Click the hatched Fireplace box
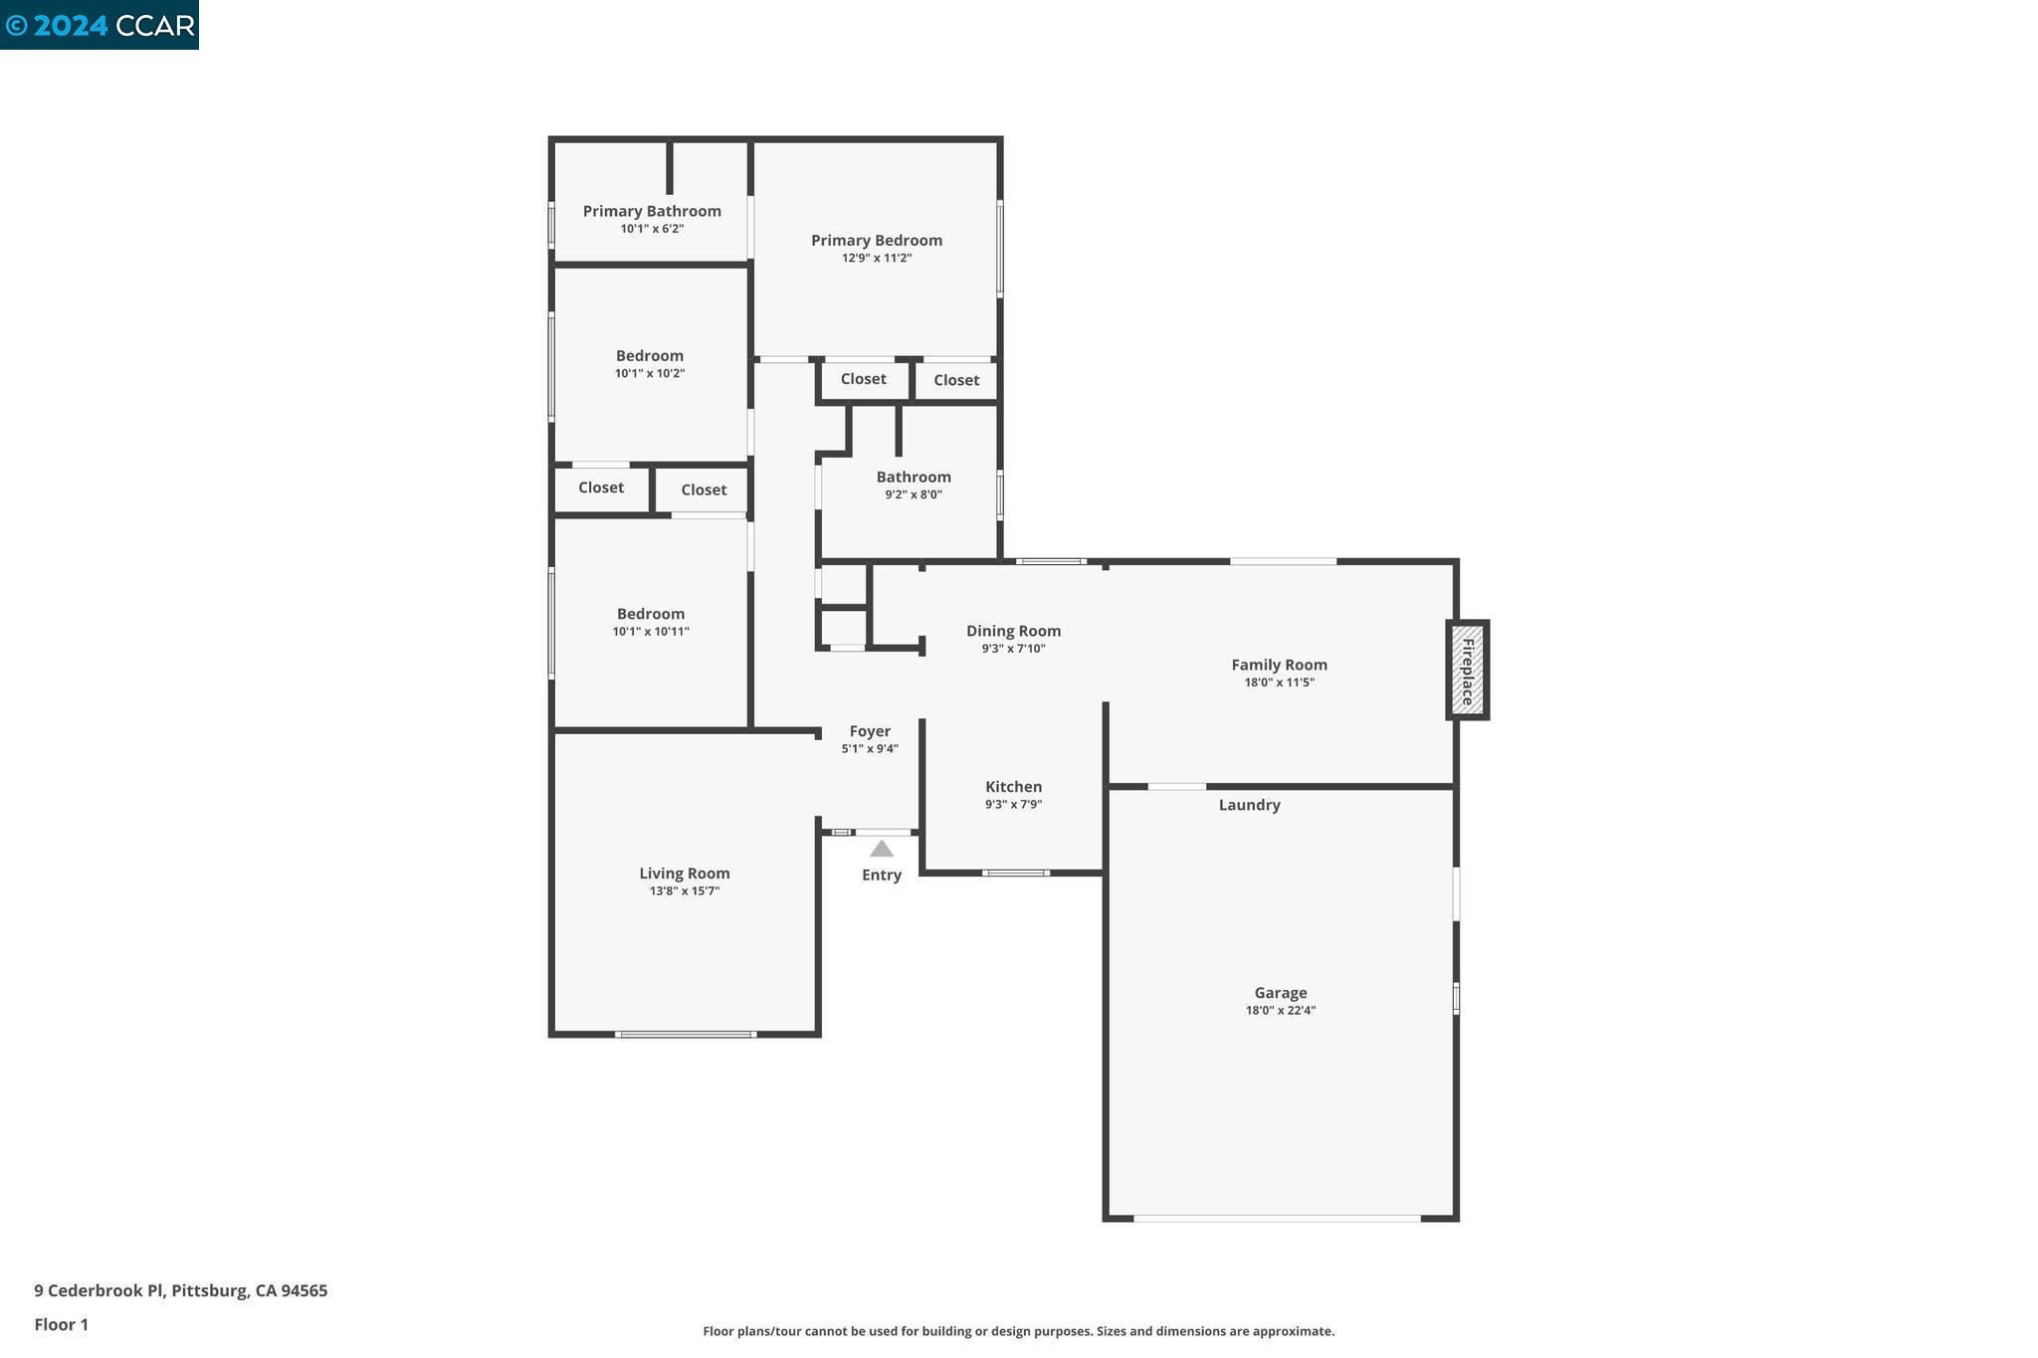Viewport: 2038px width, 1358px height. point(1467,670)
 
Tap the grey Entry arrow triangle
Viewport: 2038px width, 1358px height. point(882,849)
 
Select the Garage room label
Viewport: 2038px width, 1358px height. point(1280,992)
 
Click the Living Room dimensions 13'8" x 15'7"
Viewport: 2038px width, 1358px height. point(684,891)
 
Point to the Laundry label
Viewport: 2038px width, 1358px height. point(1249,805)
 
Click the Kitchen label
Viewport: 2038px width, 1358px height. point(1013,787)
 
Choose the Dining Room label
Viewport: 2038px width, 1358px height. point(1013,631)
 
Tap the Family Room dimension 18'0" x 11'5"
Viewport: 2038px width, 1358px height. point(1279,682)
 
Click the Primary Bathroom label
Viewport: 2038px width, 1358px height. point(652,211)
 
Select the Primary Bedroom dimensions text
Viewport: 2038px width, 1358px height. point(876,258)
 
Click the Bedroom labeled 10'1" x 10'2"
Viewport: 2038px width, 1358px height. point(649,356)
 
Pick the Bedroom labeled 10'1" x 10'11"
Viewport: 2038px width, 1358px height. point(650,614)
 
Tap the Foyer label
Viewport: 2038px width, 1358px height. point(870,731)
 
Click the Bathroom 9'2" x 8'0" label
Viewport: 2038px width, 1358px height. point(913,477)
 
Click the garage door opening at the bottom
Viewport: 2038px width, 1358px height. point(1278,1218)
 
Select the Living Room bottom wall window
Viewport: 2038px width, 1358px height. point(685,1035)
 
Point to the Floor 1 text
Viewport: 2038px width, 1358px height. point(61,1324)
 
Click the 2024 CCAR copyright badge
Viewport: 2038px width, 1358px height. point(100,25)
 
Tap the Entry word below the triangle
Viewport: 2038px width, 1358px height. point(881,874)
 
